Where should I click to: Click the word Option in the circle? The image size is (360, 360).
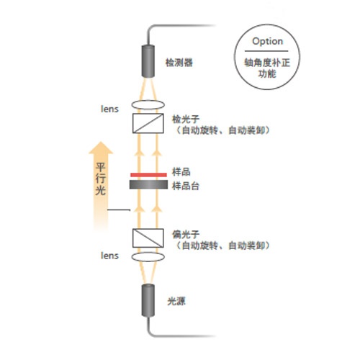point(267,42)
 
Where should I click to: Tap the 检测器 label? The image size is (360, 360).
point(179,63)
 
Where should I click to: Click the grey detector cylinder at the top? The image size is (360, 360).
point(148,61)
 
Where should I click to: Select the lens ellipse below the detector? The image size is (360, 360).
point(148,104)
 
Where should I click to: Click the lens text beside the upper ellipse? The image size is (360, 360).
point(109,109)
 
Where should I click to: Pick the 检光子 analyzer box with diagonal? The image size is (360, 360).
point(148,123)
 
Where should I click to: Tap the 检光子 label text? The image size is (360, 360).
point(186,120)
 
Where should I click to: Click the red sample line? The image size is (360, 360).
point(148,175)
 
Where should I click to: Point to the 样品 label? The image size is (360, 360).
point(181,172)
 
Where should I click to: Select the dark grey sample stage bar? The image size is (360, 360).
point(148,184)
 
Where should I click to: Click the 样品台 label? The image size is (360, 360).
point(186,186)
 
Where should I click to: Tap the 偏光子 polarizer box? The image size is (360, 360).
point(148,238)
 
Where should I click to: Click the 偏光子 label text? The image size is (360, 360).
point(186,235)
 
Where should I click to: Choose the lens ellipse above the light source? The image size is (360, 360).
point(148,257)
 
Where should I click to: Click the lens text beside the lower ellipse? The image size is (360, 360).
point(109,256)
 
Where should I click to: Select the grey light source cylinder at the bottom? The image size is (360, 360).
point(148,300)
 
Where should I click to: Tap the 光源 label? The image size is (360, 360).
point(176,301)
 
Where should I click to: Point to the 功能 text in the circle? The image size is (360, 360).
point(267,73)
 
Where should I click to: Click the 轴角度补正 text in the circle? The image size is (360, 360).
point(267,63)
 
